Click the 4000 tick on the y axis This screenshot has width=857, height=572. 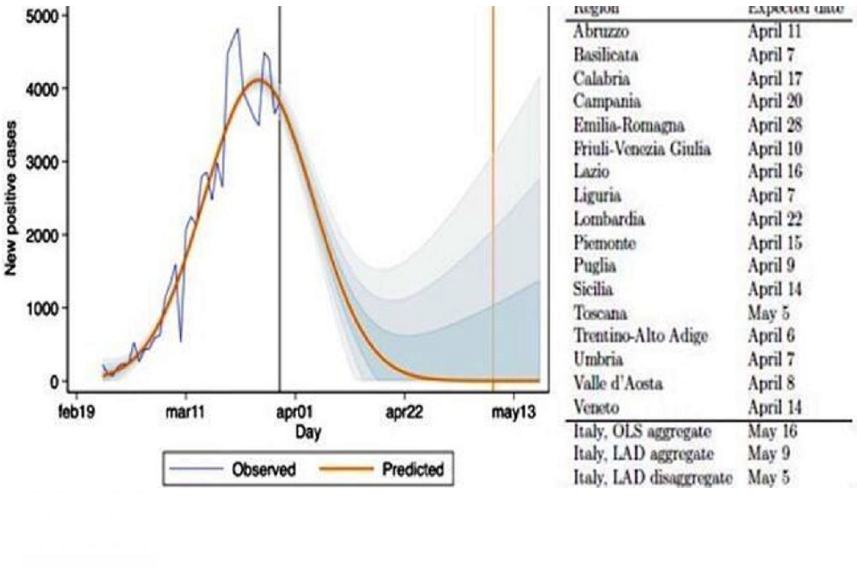click(38, 88)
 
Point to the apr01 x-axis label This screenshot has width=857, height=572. click(294, 413)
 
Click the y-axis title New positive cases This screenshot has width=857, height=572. click(11, 197)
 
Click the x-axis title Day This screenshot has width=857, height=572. click(309, 432)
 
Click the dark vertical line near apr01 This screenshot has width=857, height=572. click(279, 229)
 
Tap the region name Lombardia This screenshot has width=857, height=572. click(608, 220)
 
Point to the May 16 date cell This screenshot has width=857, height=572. click(772, 432)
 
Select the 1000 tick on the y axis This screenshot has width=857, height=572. click(38, 308)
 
